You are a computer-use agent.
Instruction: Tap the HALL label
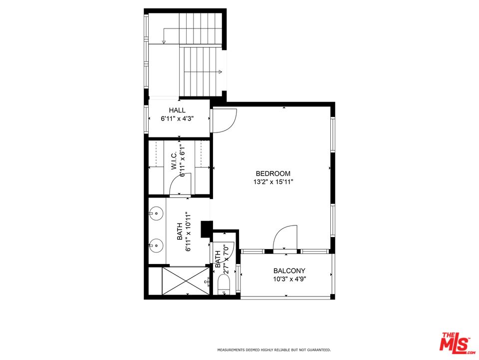(177, 110)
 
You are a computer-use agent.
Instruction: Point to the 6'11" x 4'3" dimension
(177, 119)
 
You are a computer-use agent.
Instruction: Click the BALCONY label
(289, 270)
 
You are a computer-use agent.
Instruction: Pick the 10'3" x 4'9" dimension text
(289, 279)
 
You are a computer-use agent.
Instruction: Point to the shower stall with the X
(186, 281)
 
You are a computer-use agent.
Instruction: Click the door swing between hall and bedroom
(224, 120)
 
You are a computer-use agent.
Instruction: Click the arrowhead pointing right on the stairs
(220, 72)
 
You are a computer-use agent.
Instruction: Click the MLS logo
(455, 342)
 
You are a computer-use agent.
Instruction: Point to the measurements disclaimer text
(273, 350)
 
